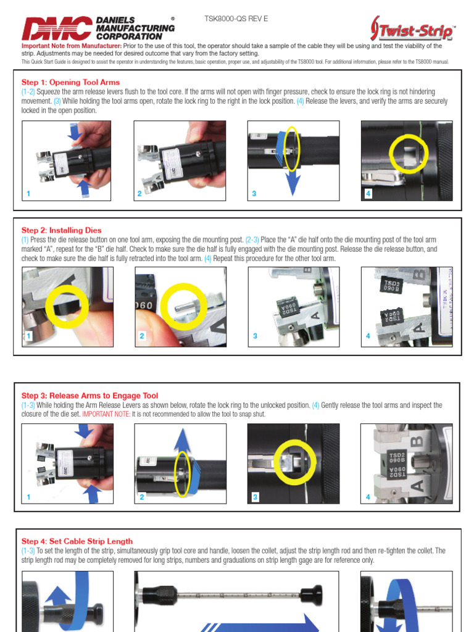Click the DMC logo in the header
coord(57,28)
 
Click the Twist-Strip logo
coord(413,29)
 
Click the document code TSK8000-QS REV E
coord(236,19)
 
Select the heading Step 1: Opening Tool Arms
coord(70,82)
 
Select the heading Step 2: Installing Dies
coord(61,230)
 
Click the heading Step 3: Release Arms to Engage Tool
coord(89,396)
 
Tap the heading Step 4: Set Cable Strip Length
coord(77,541)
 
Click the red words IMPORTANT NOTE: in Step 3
coord(106,414)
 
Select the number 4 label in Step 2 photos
coord(368,336)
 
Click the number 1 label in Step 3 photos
coord(28,497)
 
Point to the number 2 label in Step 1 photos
coord(140,194)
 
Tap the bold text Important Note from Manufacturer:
coord(72,46)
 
